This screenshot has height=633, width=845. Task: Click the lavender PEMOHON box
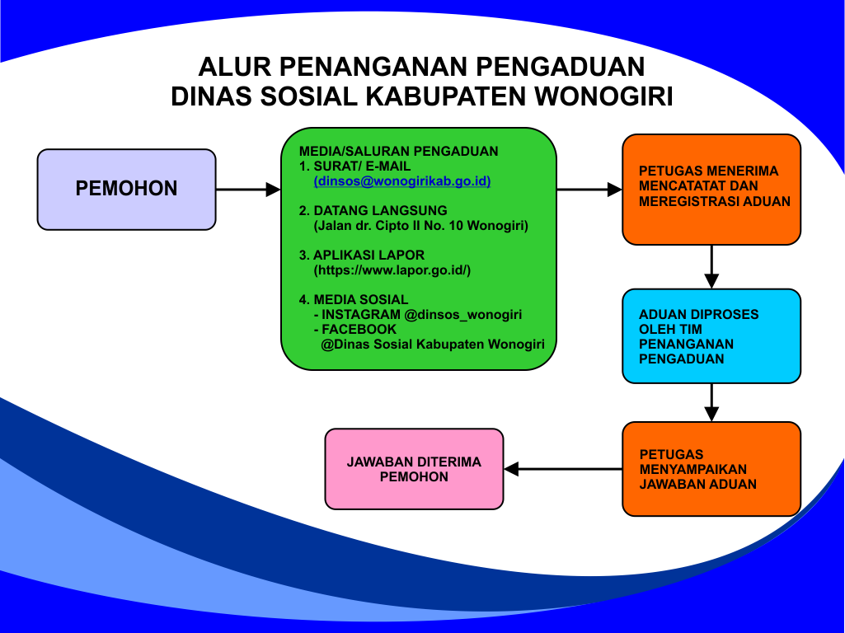click(x=127, y=190)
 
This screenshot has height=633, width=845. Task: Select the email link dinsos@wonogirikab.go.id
click(x=402, y=181)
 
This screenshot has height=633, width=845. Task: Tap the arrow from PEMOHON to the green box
click(x=248, y=190)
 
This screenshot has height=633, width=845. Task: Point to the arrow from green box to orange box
click(x=589, y=190)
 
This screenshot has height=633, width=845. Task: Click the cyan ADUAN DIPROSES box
click(x=711, y=336)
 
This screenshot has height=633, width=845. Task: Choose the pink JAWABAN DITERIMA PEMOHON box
click(x=414, y=469)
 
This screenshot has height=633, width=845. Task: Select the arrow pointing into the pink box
click(x=563, y=469)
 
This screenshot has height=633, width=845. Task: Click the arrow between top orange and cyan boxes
click(x=712, y=267)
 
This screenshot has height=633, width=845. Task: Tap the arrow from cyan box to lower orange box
click(x=712, y=402)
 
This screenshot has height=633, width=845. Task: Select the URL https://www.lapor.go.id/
click(x=392, y=270)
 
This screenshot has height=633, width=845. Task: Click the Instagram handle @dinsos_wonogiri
click(x=463, y=315)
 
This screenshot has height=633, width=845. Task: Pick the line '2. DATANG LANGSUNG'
click(x=373, y=211)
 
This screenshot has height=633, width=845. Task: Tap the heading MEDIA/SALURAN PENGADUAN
click(x=399, y=151)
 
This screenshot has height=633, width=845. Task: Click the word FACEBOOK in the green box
click(x=359, y=329)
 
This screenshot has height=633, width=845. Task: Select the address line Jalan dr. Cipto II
click(x=421, y=226)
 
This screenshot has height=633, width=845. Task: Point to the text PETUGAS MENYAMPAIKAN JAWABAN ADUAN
click(x=698, y=469)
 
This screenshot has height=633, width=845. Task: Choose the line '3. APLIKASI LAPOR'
click(x=362, y=255)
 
